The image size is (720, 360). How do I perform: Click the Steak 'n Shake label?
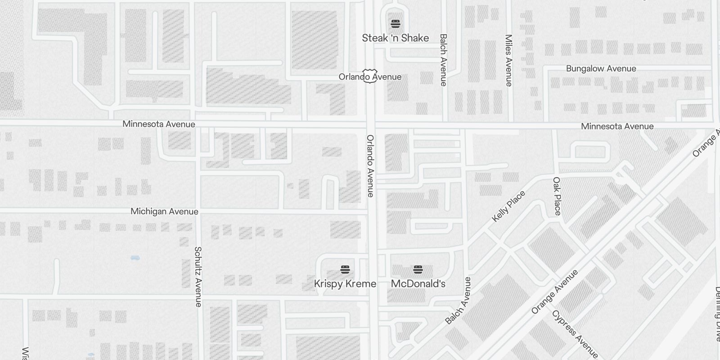click(395, 38)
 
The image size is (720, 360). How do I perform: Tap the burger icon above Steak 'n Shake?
click(395, 23)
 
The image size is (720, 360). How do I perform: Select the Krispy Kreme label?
click(345, 284)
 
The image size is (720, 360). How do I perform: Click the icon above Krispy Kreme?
click(345, 270)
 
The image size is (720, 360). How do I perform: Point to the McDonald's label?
click(418, 284)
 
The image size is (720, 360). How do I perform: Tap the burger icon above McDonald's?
click(418, 270)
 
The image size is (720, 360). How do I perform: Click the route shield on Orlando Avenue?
click(370, 76)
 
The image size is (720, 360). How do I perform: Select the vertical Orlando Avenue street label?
click(370, 166)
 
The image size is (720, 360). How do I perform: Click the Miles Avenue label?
click(509, 60)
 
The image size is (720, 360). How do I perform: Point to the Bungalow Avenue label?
click(601, 69)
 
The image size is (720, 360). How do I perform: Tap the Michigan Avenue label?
click(164, 211)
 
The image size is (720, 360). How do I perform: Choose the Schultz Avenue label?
click(198, 276)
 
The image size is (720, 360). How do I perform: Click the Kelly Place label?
click(508, 206)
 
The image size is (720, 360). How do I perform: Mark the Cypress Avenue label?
click(575, 334)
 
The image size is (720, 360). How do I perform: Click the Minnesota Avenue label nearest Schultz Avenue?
click(159, 124)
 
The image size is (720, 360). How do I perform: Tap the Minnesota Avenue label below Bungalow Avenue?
click(617, 126)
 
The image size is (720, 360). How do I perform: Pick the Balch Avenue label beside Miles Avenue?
click(443, 60)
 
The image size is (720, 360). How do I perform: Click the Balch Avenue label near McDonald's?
click(458, 301)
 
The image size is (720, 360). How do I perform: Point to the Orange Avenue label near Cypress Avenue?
click(554, 292)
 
